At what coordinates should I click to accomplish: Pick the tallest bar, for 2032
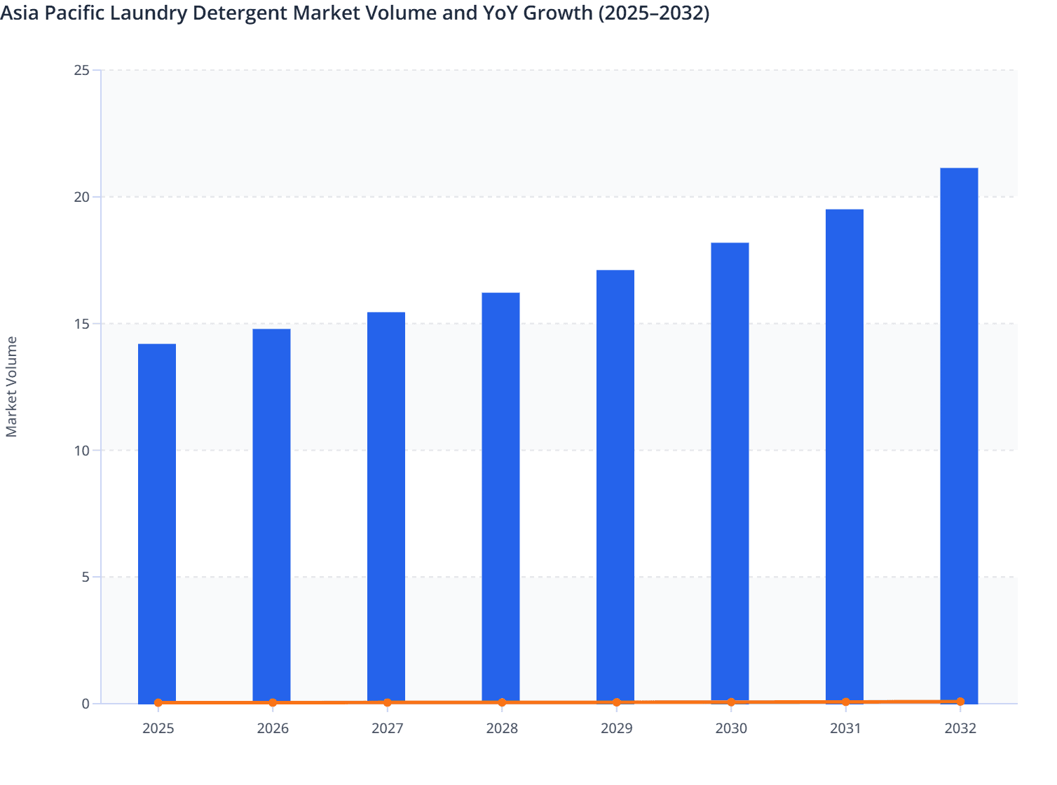click(x=959, y=435)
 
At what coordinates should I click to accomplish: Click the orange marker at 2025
click(x=158, y=702)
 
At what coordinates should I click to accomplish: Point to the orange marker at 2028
click(x=502, y=702)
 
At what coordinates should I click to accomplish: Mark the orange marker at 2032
click(x=960, y=702)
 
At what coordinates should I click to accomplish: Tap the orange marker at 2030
click(x=731, y=702)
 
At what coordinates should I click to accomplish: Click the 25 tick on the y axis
click(x=81, y=70)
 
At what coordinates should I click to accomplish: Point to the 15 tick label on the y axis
click(x=81, y=324)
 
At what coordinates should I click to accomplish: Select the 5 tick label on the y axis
click(x=85, y=577)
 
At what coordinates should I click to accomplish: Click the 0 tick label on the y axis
click(x=85, y=704)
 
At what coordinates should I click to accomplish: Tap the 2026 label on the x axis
click(x=273, y=728)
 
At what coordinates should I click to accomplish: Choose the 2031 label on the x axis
click(x=845, y=728)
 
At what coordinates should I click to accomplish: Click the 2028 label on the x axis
click(x=502, y=728)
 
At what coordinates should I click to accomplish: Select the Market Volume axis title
click(x=11, y=387)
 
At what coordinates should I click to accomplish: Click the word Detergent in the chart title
click(x=250, y=13)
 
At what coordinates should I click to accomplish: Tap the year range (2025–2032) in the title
click(x=653, y=13)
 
